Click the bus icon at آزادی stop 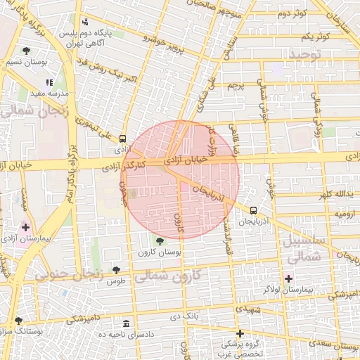[x=123, y=139]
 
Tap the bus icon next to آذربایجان [x=253, y=210]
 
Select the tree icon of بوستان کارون [x=160, y=241]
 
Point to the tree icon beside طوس [x=116, y=270]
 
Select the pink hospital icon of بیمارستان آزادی [x=26, y=227]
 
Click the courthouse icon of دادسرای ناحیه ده [x=126, y=324]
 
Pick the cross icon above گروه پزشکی [x=240, y=333]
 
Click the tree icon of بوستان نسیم [x=27, y=51]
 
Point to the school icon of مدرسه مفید [x=49, y=82]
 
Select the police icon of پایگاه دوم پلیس [x=86, y=22]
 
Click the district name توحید [x=304, y=53]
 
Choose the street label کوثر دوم [x=291, y=13]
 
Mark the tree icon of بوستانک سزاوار [x=18, y=321]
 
